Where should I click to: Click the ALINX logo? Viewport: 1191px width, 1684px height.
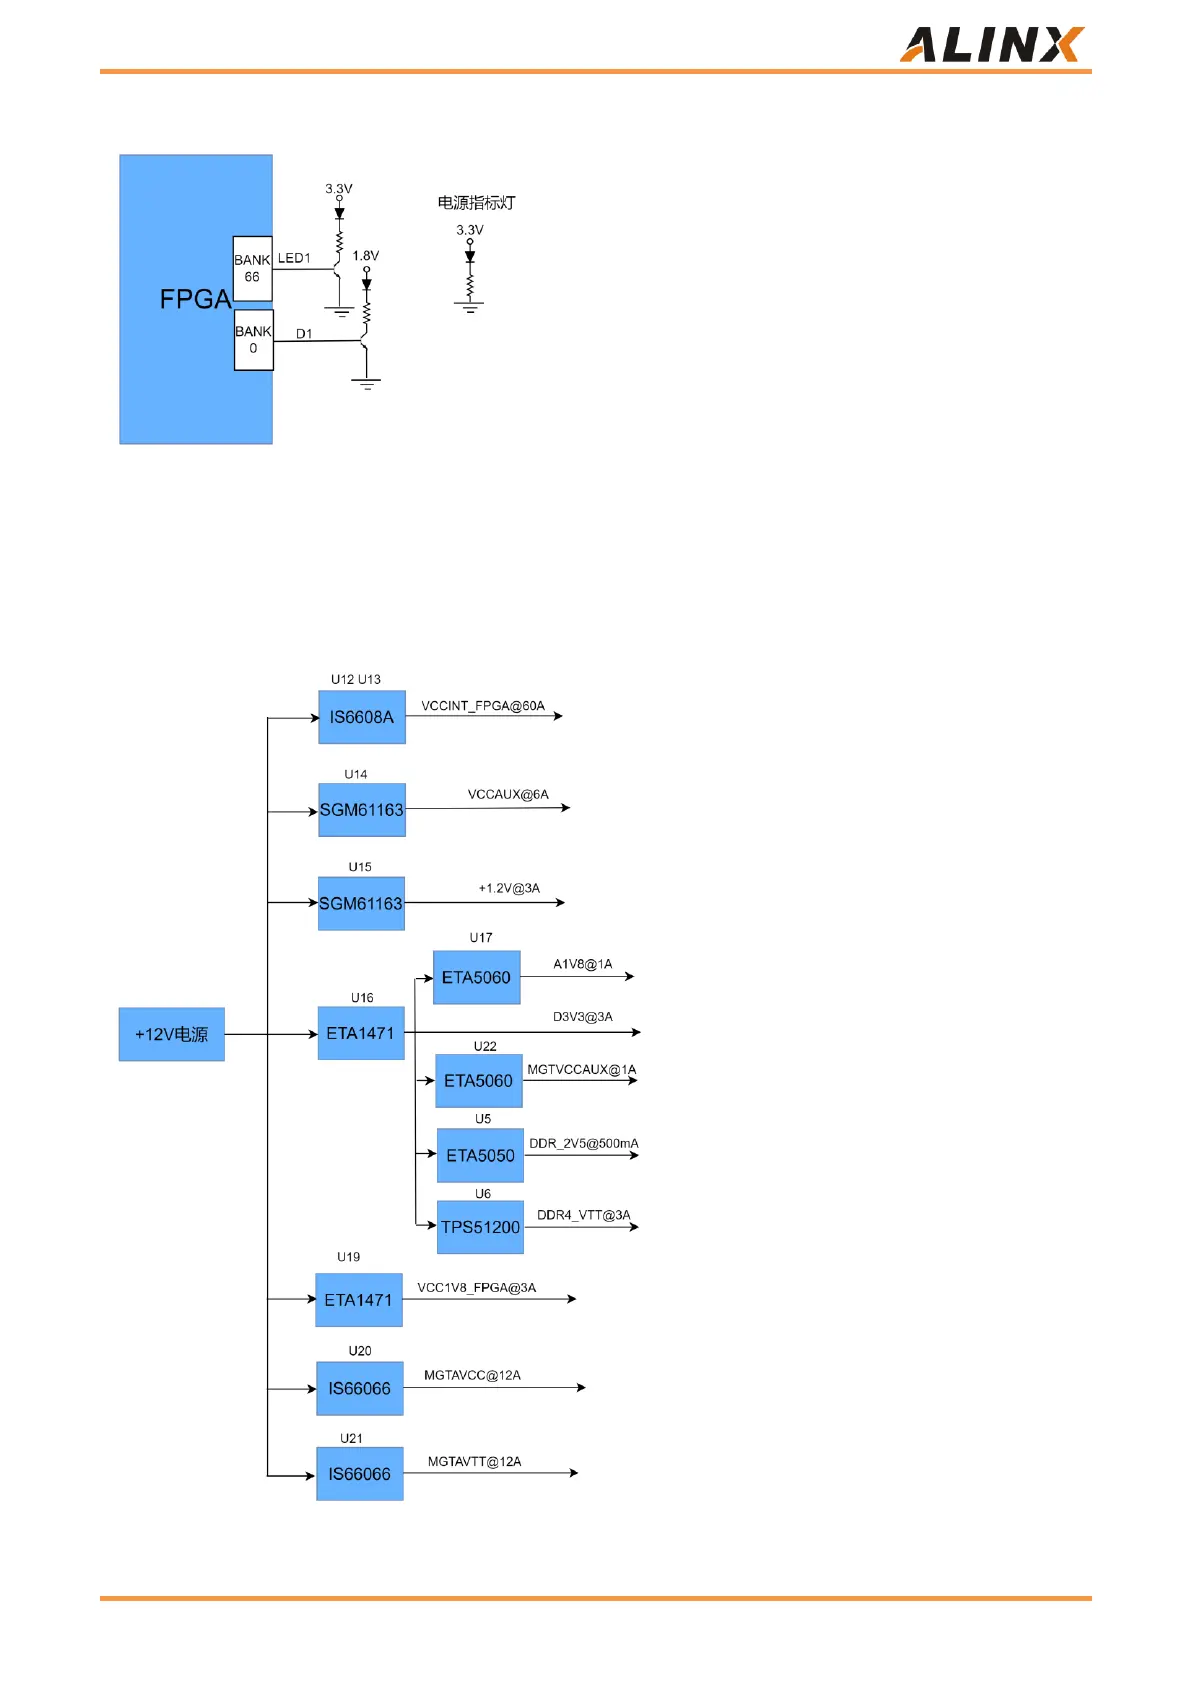coord(990,45)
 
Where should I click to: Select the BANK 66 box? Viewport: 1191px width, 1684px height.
coord(252,268)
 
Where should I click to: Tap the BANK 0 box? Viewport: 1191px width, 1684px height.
coord(253,340)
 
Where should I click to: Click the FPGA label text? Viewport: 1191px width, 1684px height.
coord(195,299)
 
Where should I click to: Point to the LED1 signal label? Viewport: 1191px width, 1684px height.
coord(294,258)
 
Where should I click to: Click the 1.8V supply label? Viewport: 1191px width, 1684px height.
coord(366,256)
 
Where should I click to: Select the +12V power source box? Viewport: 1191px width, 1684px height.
coord(172,1034)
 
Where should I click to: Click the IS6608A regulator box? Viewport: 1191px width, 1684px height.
coord(362,717)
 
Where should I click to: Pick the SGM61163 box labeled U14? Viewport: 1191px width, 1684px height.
coord(362,810)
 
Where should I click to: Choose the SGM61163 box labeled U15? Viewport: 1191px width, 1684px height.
coord(361,903)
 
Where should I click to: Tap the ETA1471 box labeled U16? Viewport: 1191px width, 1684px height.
coord(361,1033)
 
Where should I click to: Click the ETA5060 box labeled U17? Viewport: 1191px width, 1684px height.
coord(477,977)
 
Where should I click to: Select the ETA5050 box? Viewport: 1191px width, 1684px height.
coord(480,1155)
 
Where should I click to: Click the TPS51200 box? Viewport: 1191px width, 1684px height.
coord(480,1227)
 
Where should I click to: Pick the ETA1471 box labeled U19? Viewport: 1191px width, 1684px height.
coord(359,1300)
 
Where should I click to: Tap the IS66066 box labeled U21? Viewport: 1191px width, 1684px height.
coord(360,1474)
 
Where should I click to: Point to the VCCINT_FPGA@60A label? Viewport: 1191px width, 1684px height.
coord(483,706)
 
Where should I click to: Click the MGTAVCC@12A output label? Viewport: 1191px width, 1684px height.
coord(472,1376)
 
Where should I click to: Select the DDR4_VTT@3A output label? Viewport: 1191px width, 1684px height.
coord(583,1215)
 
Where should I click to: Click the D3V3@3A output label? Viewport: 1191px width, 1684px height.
coord(583,1017)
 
